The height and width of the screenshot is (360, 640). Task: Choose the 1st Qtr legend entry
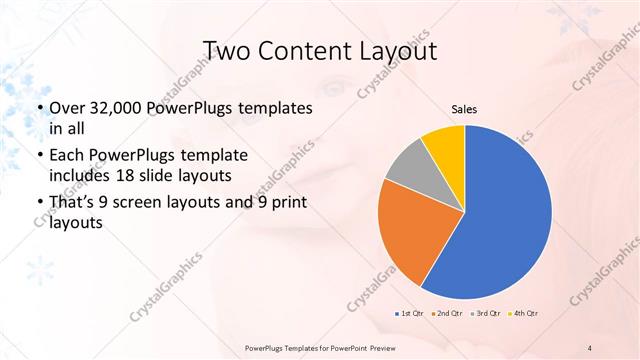(408, 314)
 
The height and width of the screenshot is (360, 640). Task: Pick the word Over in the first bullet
(68, 108)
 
